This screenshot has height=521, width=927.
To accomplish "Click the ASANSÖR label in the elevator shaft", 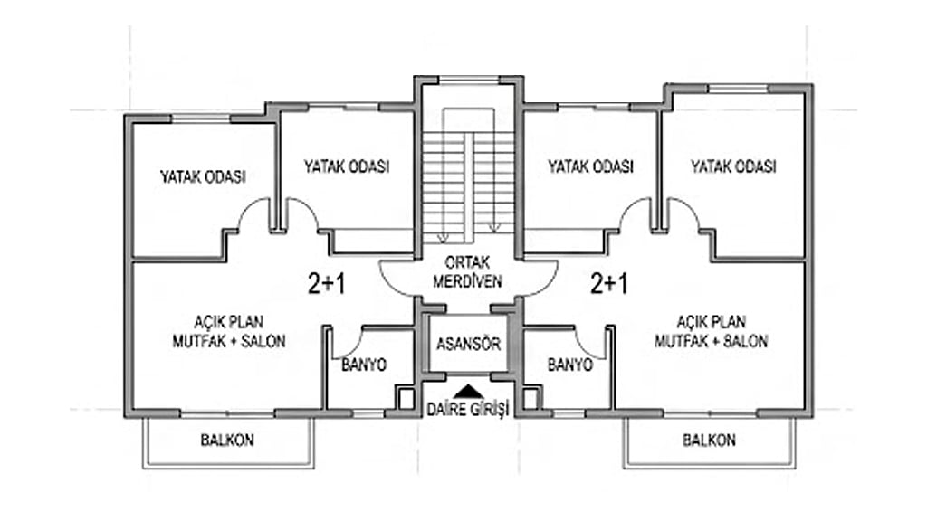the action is (x=468, y=344).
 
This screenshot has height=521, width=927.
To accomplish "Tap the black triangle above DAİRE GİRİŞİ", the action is (x=469, y=391).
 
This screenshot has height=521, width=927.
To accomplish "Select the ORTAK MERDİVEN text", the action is (x=467, y=271).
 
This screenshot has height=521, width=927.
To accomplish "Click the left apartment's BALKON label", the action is (x=227, y=440).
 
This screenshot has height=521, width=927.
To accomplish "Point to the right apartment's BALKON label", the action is (x=709, y=440).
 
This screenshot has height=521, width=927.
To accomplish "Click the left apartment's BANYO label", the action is (x=364, y=365).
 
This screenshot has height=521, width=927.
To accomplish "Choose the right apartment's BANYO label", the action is (x=570, y=365).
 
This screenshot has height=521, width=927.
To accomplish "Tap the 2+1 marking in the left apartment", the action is (x=326, y=284).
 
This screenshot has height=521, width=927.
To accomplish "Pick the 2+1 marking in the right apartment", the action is (x=609, y=284).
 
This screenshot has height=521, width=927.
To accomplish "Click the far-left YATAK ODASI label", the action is (x=203, y=176).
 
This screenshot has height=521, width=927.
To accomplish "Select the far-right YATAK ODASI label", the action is (x=733, y=166).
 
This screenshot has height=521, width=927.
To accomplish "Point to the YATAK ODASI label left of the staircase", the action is (x=347, y=166).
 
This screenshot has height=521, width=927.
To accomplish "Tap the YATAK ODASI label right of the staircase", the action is (x=590, y=166).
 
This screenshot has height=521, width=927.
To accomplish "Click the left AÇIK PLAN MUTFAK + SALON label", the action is (x=229, y=331).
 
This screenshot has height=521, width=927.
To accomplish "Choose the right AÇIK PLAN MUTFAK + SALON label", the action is (x=712, y=331).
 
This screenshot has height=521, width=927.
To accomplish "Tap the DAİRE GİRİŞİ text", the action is (x=468, y=409).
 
